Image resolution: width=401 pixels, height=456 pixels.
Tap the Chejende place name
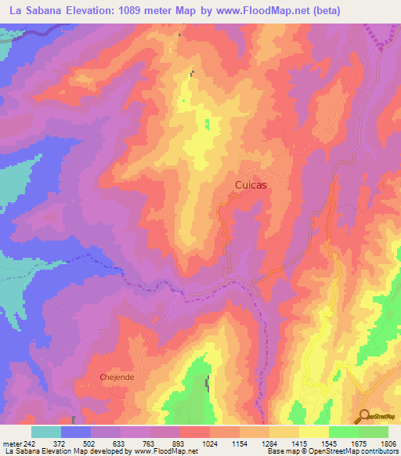pyautogui.click(x=117, y=377)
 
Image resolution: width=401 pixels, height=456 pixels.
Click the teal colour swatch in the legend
pyautogui.click(x=46, y=432)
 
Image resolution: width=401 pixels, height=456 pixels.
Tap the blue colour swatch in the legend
pyautogui.click(x=76, y=432)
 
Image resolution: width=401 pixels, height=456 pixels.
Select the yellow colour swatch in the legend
pyautogui.click(x=313, y=432)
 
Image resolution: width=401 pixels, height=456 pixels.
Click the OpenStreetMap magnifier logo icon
pyautogui.click(x=363, y=416)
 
